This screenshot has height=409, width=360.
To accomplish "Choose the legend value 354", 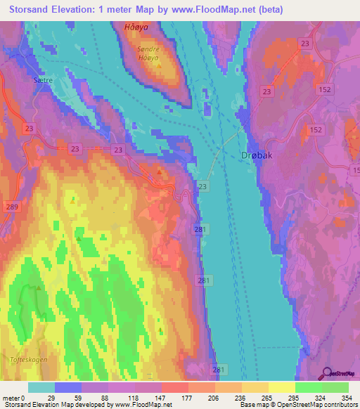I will pyautogui.click(x=347, y=397).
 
